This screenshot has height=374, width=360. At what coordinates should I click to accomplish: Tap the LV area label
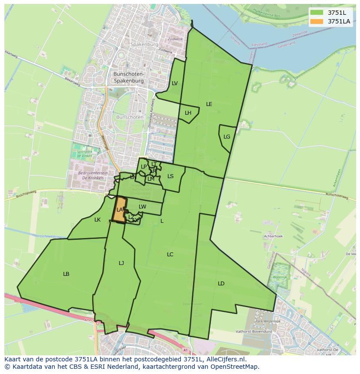coord(175,83)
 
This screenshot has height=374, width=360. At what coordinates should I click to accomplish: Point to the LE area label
coord(209,104)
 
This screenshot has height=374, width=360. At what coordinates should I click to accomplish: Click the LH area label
coord(188,113)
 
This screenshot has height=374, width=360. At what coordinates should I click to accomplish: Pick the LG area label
coord(227,137)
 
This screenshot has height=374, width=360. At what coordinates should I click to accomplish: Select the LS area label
coord(170,176)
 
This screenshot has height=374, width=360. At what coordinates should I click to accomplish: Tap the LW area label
coord(143,207)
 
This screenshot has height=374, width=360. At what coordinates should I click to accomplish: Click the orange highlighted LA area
coord(120,210)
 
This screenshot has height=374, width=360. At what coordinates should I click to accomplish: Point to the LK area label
coord(97,220)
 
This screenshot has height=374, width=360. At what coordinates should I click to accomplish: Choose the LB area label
coord(66,274)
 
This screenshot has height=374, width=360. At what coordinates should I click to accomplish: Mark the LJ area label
coord(121,263)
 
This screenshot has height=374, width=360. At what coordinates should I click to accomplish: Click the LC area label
coord(170,255)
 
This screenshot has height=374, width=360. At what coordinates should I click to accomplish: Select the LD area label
coord(221,284)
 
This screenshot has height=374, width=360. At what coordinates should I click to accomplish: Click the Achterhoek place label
coord(273,236)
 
